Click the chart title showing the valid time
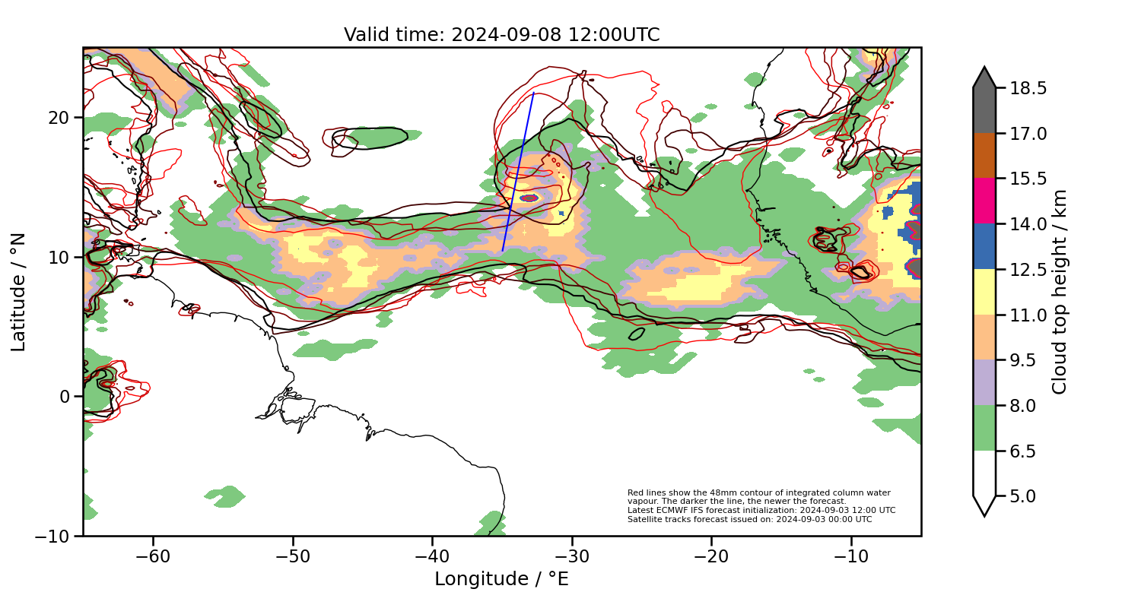point(501,35)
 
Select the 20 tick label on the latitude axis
point(60,118)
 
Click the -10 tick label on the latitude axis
point(53,536)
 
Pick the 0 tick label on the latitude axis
point(65,397)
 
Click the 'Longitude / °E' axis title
point(501,579)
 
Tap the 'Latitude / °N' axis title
point(19,292)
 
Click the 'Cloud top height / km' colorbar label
point(1060,292)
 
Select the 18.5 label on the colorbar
point(1027,88)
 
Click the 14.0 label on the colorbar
point(1027,224)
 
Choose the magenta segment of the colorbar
point(984,201)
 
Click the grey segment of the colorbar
point(984,106)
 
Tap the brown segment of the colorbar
point(984,155)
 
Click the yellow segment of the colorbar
point(984,291)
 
